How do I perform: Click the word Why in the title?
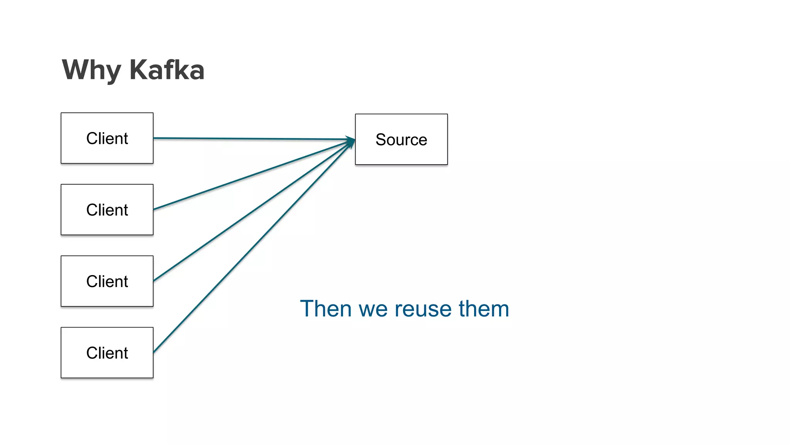click(91, 70)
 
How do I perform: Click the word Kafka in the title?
click(167, 70)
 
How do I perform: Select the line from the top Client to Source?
click(251, 139)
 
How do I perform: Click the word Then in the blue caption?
click(326, 309)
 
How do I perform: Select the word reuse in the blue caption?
click(423, 309)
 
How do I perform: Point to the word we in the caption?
click(373, 310)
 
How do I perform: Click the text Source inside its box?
click(401, 140)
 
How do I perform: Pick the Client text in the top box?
click(107, 138)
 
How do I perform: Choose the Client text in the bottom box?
click(107, 353)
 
